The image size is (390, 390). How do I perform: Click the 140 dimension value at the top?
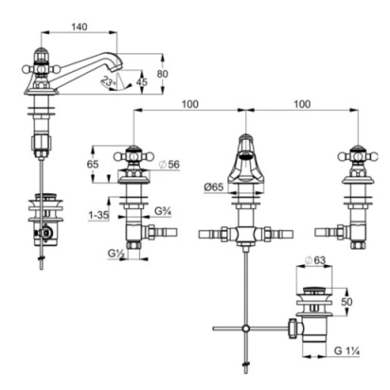coord(80,27)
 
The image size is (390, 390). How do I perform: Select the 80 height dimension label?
coord(163,74)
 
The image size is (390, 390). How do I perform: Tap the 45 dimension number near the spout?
coord(141,81)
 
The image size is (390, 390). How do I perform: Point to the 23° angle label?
coord(107,82)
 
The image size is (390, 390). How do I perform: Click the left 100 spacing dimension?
coord(190,104)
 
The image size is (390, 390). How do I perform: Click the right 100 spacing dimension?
coord(302,104)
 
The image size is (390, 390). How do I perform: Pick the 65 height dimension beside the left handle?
coord(93,164)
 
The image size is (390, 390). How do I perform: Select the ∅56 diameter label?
coord(169,164)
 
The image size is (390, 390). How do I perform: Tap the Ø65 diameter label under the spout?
coord(214,187)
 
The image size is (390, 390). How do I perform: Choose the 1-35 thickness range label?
coord(98,216)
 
